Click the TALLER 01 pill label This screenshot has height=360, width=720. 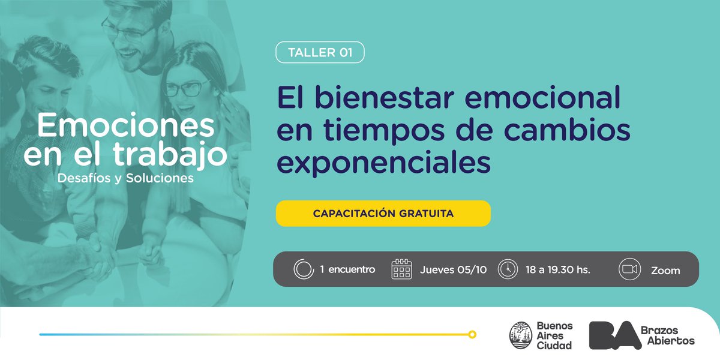click(x=320, y=53)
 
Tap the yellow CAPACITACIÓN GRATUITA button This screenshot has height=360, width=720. click(x=383, y=214)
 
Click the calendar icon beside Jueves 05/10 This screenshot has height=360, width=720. click(x=401, y=269)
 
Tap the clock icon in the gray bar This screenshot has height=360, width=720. click(x=508, y=269)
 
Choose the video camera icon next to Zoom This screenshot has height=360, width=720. click(x=629, y=269)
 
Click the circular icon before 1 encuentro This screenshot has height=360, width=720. click(x=304, y=269)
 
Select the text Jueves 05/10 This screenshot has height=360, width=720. click(x=454, y=269)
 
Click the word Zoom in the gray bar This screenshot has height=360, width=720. click(x=665, y=271)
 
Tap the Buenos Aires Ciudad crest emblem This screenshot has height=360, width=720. click(x=520, y=335)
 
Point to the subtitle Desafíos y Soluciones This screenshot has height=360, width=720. click(x=125, y=178)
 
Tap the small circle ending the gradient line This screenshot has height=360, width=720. click(x=472, y=334)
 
